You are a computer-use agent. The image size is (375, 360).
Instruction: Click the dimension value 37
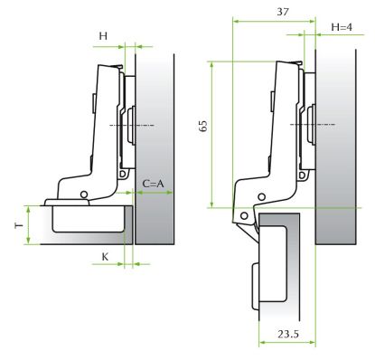click(283, 12)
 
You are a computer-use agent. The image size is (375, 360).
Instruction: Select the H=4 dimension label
click(342, 27)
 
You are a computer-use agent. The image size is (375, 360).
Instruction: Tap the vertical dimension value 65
click(203, 126)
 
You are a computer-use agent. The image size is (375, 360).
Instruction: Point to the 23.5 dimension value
click(288, 334)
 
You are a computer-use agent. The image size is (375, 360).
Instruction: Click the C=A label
click(153, 184)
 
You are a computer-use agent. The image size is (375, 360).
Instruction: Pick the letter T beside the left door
click(19, 225)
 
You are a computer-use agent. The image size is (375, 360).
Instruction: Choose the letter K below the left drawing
click(105, 257)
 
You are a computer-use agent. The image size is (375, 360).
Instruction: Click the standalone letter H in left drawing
click(103, 36)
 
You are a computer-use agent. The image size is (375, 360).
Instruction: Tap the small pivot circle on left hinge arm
click(84, 194)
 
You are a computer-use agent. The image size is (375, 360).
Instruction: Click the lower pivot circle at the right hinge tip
click(244, 216)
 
